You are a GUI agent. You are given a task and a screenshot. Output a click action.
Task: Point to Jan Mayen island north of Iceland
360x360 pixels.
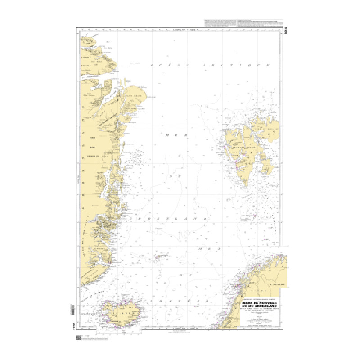(x=158, y=257)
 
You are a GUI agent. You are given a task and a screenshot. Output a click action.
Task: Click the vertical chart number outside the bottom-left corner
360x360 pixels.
(x=73, y=329)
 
